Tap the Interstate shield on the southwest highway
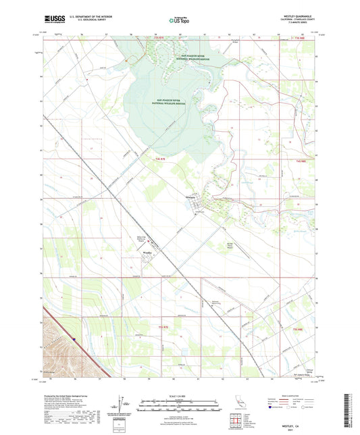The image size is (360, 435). (x=74, y=339)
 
